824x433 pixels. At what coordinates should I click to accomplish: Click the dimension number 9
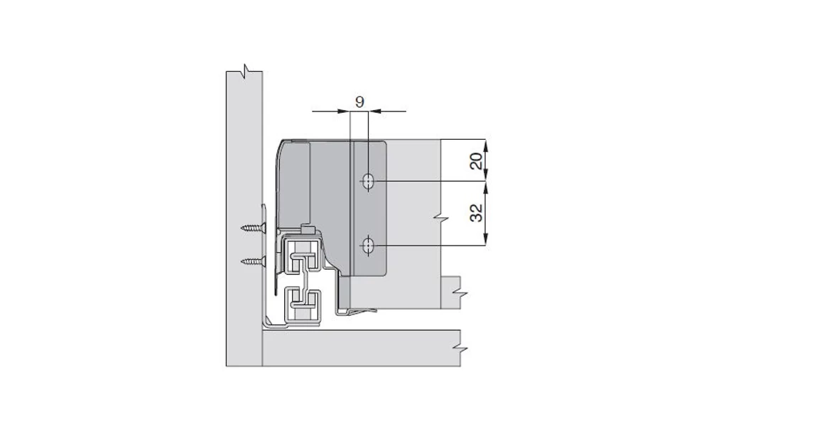click(x=359, y=102)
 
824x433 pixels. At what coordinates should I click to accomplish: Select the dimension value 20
click(x=478, y=160)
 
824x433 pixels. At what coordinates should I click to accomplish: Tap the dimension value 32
click(x=478, y=212)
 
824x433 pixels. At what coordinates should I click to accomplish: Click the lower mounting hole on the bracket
click(x=368, y=246)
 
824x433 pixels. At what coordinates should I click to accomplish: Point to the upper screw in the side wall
click(x=253, y=228)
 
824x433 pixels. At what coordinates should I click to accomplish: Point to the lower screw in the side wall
click(x=253, y=261)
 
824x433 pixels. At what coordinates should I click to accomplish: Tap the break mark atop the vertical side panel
click(x=244, y=70)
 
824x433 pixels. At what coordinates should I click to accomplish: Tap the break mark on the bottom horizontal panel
click(x=461, y=349)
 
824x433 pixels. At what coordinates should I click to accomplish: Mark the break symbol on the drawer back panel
click(x=442, y=214)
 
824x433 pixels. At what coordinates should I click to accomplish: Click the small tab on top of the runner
click(x=308, y=229)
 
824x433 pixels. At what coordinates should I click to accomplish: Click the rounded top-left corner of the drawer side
click(x=283, y=145)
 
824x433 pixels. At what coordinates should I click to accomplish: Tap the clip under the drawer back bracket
click(x=359, y=312)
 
